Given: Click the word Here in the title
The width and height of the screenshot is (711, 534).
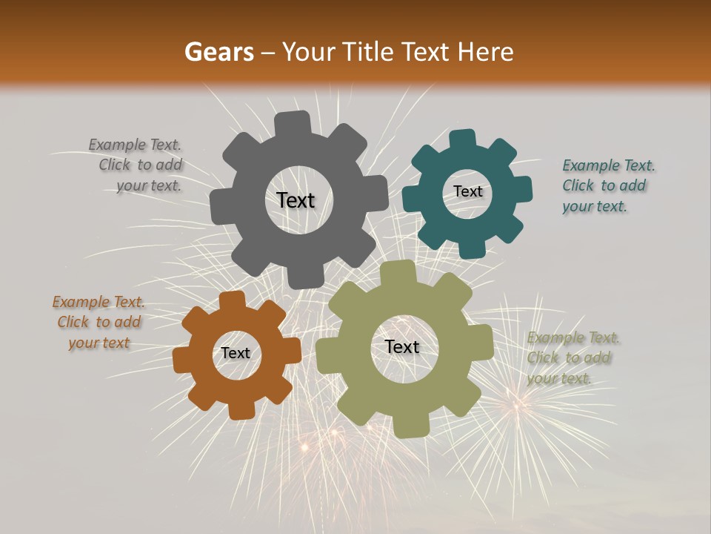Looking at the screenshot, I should (x=484, y=52).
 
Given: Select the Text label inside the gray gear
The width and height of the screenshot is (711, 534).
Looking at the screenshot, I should (x=296, y=200).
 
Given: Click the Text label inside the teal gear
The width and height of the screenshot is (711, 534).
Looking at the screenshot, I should (x=467, y=191).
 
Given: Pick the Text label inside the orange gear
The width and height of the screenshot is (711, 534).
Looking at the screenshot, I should (x=236, y=353).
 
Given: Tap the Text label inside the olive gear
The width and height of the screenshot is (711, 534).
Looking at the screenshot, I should (x=402, y=346).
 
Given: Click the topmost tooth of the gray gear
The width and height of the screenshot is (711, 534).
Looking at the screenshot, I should (x=293, y=123).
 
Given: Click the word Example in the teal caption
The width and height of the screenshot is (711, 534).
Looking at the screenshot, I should (x=591, y=165).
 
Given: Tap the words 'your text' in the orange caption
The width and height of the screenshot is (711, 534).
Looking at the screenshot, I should (x=99, y=343).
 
